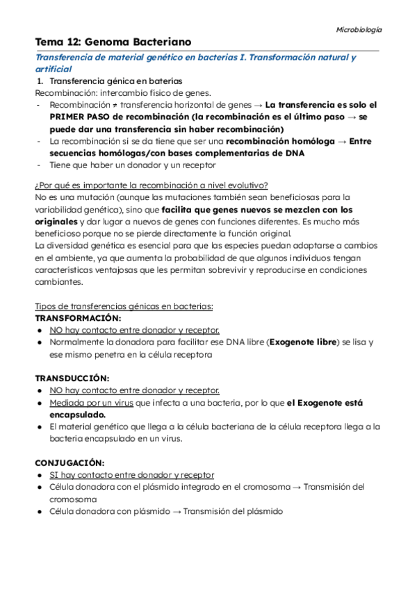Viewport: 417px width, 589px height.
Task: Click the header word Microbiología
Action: click(x=359, y=30)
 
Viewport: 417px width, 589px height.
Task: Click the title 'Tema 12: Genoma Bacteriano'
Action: click(x=113, y=43)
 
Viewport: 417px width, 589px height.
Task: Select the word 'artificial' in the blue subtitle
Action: click(x=54, y=69)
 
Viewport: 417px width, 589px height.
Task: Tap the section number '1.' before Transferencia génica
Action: click(x=40, y=81)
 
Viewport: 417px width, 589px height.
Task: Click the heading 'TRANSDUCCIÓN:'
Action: click(x=72, y=379)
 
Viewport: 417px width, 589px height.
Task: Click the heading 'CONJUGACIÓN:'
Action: click(x=69, y=463)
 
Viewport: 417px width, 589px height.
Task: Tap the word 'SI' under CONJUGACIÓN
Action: click(x=54, y=475)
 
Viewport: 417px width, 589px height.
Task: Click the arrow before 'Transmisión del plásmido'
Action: click(x=177, y=511)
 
